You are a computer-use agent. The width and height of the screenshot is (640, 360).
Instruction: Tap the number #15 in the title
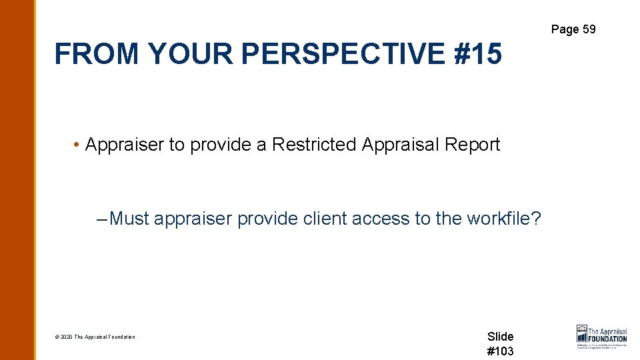477,53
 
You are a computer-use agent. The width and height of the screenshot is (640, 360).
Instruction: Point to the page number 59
588,29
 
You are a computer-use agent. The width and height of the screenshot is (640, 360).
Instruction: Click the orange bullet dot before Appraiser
78,145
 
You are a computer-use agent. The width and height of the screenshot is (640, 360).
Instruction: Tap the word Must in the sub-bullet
129,218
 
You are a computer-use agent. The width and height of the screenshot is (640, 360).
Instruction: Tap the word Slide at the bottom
500,337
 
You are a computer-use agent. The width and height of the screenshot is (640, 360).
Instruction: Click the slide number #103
500,351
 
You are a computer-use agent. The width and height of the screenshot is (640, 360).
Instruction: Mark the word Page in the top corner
564,29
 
